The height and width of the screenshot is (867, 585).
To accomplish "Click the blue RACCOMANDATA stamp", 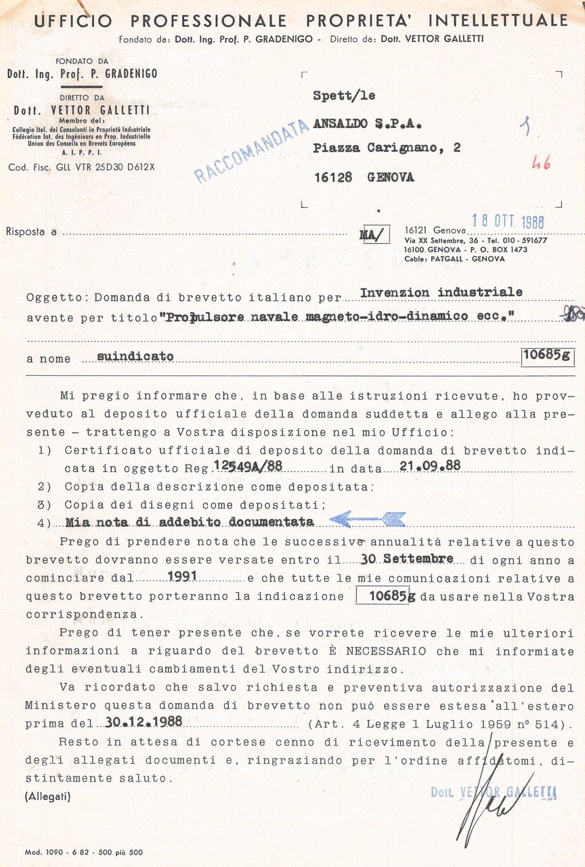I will (x=247, y=151).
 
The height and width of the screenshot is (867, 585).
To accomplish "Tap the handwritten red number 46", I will (x=541, y=163).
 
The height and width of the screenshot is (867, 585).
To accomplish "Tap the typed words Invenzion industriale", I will (x=441, y=293).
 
